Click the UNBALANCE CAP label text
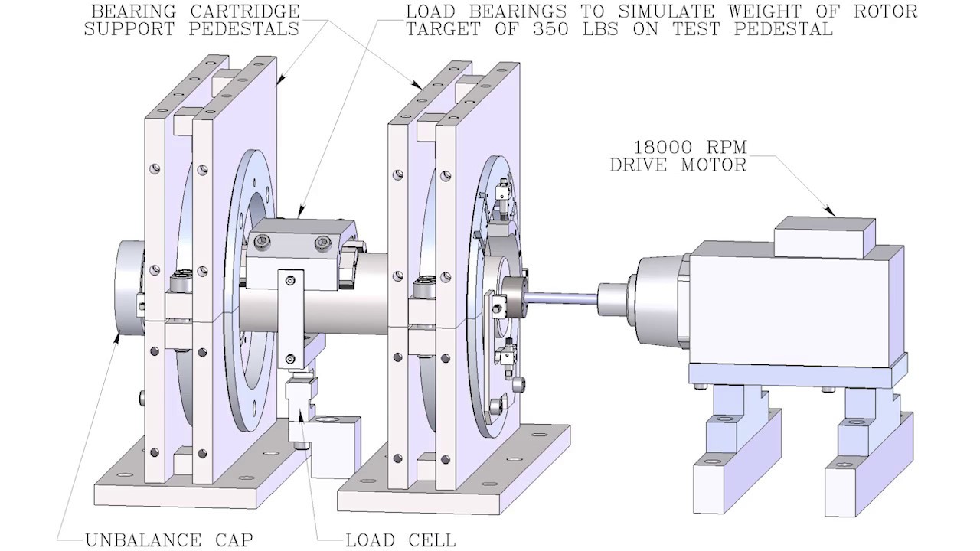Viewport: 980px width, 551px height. click(168, 540)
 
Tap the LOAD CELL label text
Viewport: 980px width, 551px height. click(400, 540)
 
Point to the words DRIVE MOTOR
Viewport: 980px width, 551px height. click(678, 165)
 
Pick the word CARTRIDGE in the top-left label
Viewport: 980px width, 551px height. click(249, 12)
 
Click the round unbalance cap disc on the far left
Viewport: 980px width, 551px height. click(127, 287)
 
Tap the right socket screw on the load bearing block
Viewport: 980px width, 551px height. click(320, 244)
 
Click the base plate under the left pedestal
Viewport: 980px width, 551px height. click(191, 490)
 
